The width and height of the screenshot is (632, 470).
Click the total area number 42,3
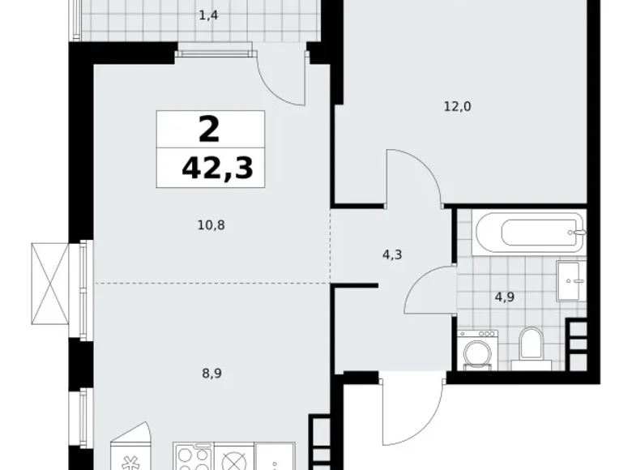coord(217,168)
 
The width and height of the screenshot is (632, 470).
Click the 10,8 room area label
coord(210,224)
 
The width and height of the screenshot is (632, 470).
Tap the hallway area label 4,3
coord(391,254)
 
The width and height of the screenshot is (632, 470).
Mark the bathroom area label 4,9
coord(505,296)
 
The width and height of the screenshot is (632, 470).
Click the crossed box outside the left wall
coord(50,284)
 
